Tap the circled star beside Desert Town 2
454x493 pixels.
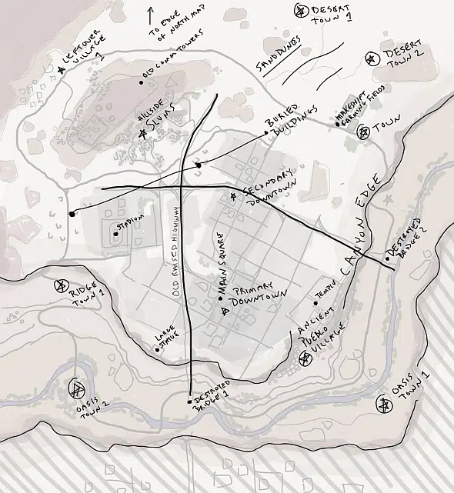tap(371, 58)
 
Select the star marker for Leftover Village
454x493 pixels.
tap(62, 70)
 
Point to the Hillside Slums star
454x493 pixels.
tap(142, 135)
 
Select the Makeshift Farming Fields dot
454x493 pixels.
tap(337, 123)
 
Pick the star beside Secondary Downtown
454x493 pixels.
tap(234, 197)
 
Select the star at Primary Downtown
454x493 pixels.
tap(225, 311)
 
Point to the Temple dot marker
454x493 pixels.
tap(315, 303)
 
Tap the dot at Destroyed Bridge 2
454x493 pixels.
tap(387, 258)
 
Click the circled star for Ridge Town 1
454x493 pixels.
tap(60, 286)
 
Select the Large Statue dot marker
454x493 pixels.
tap(157, 350)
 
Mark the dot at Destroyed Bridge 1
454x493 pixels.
tap(189, 401)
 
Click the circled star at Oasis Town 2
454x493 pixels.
tap(77, 388)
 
